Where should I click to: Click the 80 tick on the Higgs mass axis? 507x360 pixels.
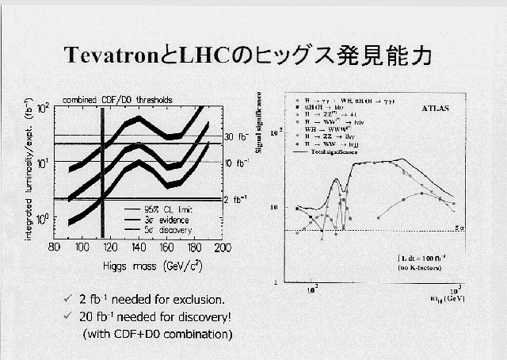point(54,247)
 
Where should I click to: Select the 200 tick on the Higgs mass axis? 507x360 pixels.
point(223,247)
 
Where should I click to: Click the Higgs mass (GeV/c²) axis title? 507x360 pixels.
point(138,262)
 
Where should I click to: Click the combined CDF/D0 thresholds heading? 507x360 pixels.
point(119,99)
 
